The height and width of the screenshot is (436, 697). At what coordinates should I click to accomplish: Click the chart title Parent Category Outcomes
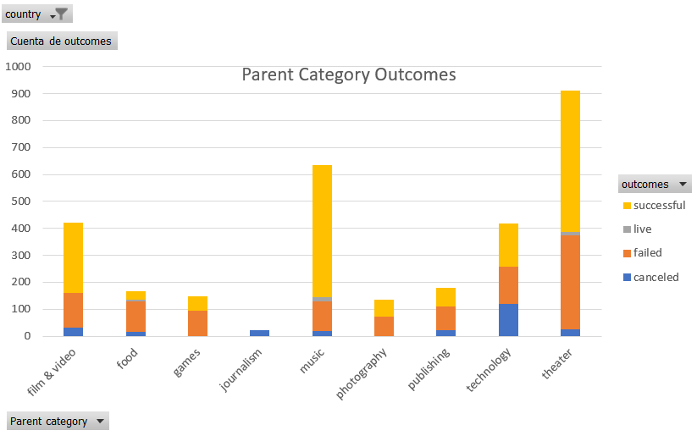coord(349,75)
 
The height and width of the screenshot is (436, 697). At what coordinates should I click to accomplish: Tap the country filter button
coord(37,14)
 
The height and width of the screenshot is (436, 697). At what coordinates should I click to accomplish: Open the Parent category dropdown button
coord(58,421)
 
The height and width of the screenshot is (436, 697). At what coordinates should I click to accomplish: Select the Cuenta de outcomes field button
coord(62,41)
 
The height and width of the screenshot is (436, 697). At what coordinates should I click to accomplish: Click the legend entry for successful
coord(655,206)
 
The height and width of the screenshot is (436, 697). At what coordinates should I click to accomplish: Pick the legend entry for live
coord(638,229)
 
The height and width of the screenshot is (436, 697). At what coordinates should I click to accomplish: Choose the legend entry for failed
coord(643,253)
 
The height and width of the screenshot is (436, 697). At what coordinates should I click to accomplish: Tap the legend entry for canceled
coord(651,278)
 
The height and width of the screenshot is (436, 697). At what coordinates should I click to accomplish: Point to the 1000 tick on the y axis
coord(18,67)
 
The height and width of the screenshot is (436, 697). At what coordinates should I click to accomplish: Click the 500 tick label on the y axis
coord(21,201)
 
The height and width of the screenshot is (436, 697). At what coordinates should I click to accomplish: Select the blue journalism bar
coord(260,333)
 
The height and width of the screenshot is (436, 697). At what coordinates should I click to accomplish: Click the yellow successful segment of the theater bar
coord(570,162)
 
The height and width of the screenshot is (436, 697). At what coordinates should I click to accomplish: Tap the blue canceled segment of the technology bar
coord(508,320)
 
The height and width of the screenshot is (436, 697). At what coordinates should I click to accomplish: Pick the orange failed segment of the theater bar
coord(570,282)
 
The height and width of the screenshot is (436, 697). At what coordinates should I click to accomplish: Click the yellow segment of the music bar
coord(323,231)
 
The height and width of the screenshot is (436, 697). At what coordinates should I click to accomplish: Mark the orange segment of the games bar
coord(198,323)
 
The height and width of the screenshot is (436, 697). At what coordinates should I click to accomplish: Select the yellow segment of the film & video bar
coord(74,257)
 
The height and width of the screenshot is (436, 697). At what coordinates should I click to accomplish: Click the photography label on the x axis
coord(362,373)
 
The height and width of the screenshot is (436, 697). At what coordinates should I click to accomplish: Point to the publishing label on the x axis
coord(429,369)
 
